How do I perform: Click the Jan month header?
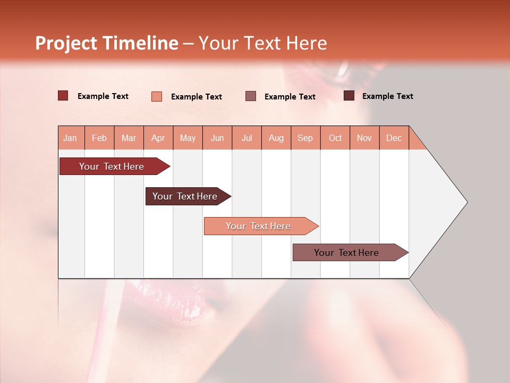[70, 138]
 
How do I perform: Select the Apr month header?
[158, 138]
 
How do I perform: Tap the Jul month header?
[246, 138]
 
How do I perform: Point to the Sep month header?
[305, 138]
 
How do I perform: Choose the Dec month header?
[394, 138]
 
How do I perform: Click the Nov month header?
[364, 138]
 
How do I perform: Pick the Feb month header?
[99, 138]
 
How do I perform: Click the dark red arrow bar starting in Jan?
[112, 166]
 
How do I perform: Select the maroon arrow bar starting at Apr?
[185, 196]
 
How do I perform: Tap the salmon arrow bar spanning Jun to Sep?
[258, 226]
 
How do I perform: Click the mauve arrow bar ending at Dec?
[346, 253]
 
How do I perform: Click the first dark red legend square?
[63, 96]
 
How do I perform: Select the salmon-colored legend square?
[156, 96]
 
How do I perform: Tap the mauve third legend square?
[251, 96]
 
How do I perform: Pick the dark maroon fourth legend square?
[348, 96]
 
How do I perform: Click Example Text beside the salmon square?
[196, 97]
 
